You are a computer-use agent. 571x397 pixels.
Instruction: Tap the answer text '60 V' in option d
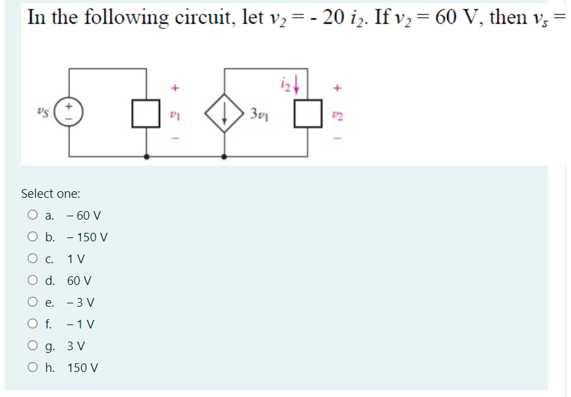tap(79, 280)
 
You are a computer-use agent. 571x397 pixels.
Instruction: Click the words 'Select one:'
tap(51, 193)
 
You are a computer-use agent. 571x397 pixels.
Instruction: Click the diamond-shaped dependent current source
tap(225, 113)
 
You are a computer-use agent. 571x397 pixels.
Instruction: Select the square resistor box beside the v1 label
tap(146, 113)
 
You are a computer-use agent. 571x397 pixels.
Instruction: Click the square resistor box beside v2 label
tap(307, 113)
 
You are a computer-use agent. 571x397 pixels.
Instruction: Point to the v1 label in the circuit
tap(175, 113)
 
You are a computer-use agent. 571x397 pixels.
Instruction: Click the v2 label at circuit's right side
tap(338, 113)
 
